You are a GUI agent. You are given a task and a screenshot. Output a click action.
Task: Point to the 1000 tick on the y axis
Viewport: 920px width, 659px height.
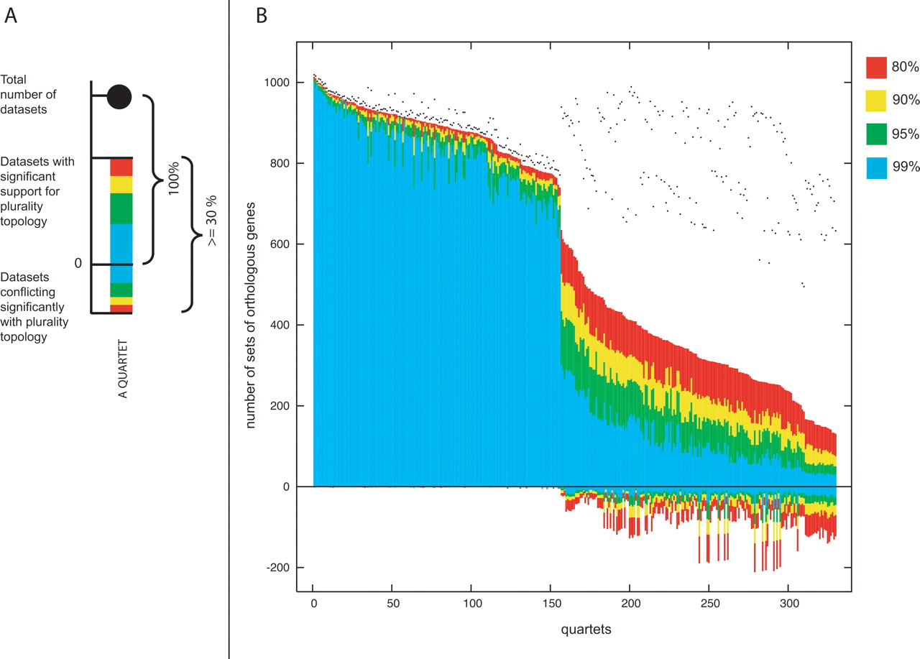[277, 83]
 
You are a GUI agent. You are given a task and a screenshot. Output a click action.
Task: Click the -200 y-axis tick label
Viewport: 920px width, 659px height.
[277, 568]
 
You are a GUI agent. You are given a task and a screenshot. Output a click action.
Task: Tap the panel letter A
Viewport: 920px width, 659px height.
[11, 16]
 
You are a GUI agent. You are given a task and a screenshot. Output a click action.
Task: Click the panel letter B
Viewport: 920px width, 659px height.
[262, 16]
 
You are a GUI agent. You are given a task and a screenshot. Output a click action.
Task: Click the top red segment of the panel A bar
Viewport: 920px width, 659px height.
[121, 166]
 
